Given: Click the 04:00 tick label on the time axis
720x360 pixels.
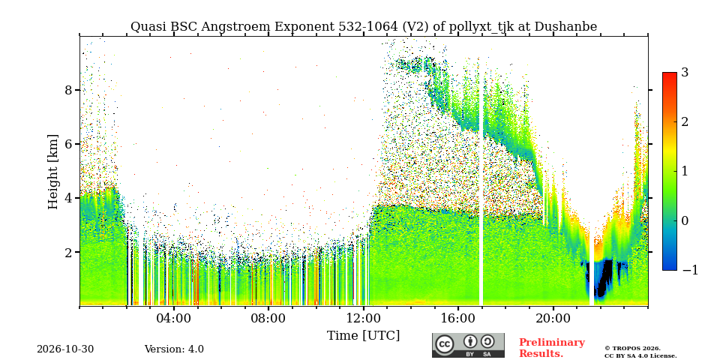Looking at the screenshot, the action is pyautogui.click(x=174, y=319).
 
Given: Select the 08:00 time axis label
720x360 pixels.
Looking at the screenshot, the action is pyautogui.click(x=268, y=319).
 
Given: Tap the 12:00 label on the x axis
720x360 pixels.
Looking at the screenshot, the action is pyautogui.click(x=363, y=319).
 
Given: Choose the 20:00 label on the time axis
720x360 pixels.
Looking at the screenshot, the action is pyautogui.click(x=553, y=319).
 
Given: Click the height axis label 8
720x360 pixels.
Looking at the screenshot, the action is pyautogui.click(x=69, y=90).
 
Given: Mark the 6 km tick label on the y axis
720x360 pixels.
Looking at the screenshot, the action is pyautogui.click(x=69, y=144).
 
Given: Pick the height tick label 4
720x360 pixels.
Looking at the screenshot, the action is pyautogui.click(x=69, y=198).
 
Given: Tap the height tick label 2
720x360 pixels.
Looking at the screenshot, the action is pyautogui.click(x=69, y=252).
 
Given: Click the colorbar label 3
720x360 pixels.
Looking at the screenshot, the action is pyautogui.click(x=685, y=73).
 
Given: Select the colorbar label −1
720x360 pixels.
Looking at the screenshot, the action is pyautogui.click(x=690, y=271).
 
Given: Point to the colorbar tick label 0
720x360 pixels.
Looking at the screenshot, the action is pyautogui.click(x=685, y=220).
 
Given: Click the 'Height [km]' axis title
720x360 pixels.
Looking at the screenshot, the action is pyautogui.click(x=53, y=172).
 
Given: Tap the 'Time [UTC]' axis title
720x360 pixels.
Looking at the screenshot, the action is pyautogui.click(x=363, y=336).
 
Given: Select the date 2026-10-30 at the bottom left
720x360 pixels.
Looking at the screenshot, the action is pyautogui.click(x=65, y=349).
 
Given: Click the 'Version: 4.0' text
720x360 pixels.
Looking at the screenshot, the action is pyautogui.click(x=174, y=349).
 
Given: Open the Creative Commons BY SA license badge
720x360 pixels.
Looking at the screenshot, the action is pyautogui.click(x=468, y=345).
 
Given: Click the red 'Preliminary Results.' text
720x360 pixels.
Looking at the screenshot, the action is pyautogui.click(x=552, y=348).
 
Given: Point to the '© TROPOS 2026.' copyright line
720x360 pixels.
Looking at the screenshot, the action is pyautogui.click(x=632, y=349).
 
